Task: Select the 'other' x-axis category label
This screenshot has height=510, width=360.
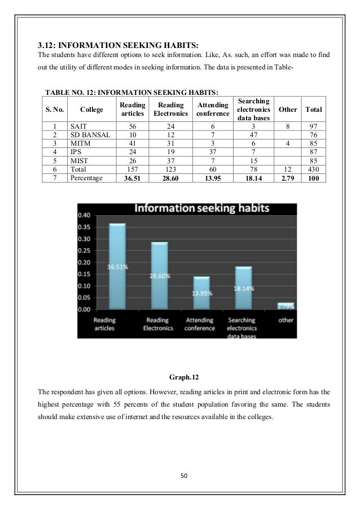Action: pos(286,320)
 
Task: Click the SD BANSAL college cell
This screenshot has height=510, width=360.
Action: pos(88,134)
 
